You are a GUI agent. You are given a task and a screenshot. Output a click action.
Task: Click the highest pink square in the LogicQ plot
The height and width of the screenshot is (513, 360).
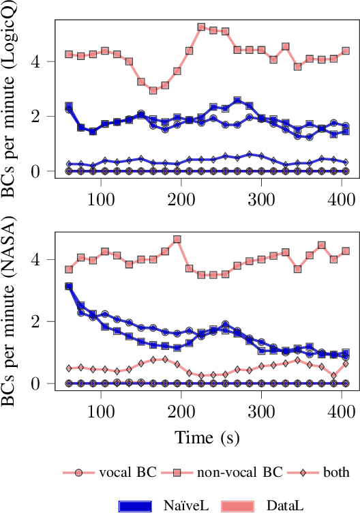201,27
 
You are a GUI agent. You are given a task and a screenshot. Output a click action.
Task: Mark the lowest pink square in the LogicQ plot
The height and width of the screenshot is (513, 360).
153,90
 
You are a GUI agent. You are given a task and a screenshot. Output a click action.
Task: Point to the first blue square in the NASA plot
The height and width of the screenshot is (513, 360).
69,287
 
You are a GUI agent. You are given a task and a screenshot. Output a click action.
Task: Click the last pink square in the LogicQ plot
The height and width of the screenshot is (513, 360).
346,50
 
